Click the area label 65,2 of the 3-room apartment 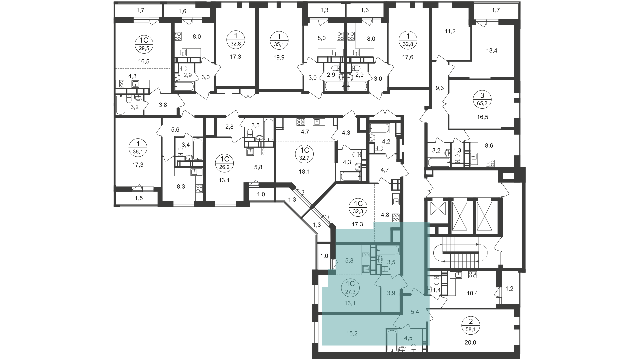482,103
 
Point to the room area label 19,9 279,57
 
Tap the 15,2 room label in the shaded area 352,333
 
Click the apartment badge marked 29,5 144,48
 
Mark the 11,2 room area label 450,31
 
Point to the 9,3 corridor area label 440,88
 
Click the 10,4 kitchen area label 472,293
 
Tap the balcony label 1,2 509,289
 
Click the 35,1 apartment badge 279,43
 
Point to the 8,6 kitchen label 489,145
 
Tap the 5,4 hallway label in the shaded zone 415,312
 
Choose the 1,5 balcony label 139,198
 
